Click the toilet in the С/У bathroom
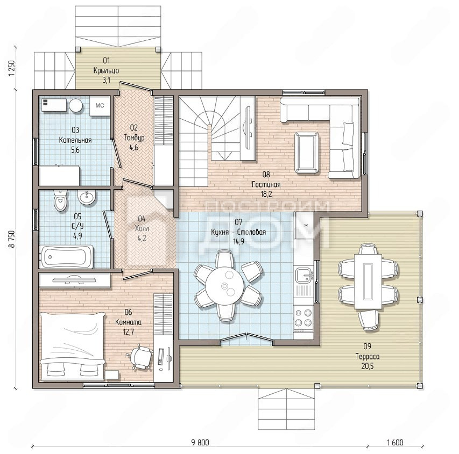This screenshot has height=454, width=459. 61,200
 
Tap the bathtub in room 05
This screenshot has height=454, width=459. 66,257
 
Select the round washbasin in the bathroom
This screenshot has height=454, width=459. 86,197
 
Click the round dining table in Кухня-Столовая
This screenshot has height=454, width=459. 224,286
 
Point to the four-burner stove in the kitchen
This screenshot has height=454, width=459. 303,318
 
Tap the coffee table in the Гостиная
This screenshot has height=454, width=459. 307,153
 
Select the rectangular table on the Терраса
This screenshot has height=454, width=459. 368,282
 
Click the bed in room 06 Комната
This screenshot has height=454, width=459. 72,347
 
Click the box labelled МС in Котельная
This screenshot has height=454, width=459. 100,105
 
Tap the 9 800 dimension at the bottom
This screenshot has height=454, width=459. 200,442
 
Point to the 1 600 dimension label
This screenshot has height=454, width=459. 395,442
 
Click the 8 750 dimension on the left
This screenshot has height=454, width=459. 12,239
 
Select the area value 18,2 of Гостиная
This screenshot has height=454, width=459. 266,194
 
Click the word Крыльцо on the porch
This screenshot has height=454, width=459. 106,71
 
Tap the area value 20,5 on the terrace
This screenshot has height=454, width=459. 368,366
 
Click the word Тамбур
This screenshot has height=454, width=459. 134,138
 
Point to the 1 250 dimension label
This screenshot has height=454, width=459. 12,68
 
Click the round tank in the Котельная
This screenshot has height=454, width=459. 75,105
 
